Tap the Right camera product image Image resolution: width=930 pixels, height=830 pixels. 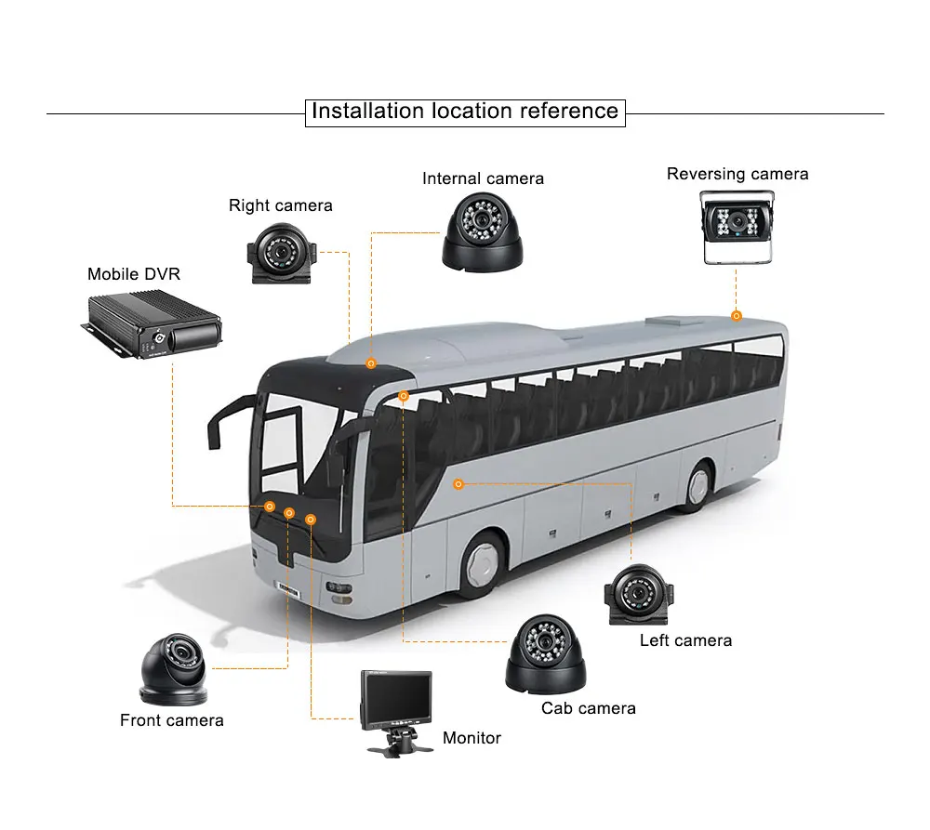point(281,254)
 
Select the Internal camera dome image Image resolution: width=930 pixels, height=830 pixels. point(483,232)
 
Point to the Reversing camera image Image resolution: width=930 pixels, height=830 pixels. point(737,227)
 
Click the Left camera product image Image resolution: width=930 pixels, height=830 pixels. point(639,595)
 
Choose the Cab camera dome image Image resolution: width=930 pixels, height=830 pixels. point(546,654)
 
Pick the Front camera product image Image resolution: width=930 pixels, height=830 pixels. point(174,670)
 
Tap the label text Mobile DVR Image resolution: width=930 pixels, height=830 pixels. point(133,274)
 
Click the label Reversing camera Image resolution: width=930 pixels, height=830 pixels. point(737,174)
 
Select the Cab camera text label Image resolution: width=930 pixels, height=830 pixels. point(589,708)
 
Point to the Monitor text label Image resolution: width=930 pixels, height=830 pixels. point(472,737)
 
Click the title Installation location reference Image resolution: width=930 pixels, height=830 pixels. point(465,112)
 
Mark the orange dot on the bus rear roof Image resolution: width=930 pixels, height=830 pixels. point(736,316)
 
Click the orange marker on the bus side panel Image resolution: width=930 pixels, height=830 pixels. point(458,484)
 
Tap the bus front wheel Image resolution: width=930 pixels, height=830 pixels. point(485,563)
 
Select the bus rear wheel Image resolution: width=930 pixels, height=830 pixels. point(697,485)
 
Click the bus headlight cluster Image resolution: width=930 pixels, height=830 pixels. point(339,593)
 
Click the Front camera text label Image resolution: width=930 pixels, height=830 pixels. point(171,720)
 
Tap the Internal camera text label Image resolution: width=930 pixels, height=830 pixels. point(483,178)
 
